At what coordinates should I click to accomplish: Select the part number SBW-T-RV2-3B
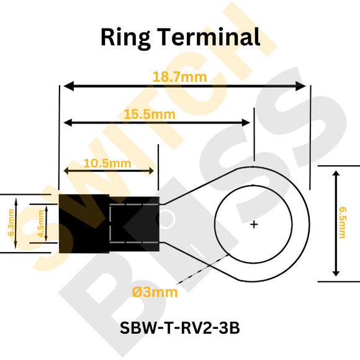pyautogui.click(x=180, y=329)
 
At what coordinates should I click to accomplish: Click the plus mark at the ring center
pyautogui.click(x=254, y=224)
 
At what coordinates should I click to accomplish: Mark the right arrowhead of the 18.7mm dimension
pyautogui.click(x=302, y=86)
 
